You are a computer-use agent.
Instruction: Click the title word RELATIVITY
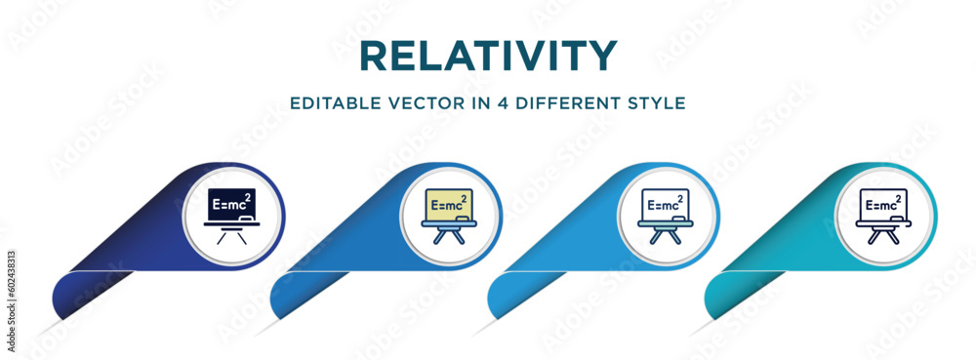(x=488, y=55)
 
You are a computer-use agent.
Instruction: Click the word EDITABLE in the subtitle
(x=327, y=101)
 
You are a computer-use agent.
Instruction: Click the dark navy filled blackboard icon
(x=232, y=215)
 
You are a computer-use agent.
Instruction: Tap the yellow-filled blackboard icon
(x=449, y=215)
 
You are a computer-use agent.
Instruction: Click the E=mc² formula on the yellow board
(x=447, y=205)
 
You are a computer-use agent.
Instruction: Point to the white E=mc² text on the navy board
(x=230, y=205)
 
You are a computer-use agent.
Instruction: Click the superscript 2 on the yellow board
(x=463, y=198)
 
